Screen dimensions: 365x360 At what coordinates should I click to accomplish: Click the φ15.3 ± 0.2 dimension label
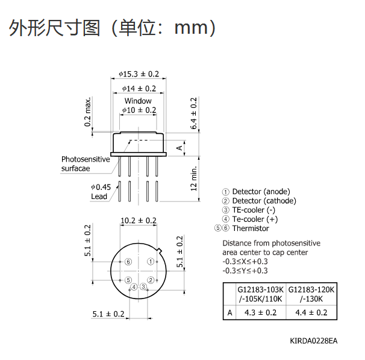[139, 74]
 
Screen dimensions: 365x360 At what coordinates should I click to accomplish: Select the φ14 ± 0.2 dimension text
[139, 89]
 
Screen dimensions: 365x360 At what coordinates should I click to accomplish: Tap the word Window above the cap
[138, 101]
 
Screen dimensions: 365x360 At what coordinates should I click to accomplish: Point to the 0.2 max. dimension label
[87, 112]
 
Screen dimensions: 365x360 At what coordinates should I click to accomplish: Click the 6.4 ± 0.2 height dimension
[193, 113]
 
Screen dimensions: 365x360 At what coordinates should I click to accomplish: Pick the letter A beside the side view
[179, 148]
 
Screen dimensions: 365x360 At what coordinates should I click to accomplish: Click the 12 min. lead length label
[194, 178]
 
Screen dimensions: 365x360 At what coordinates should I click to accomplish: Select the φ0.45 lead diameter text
[101, 187]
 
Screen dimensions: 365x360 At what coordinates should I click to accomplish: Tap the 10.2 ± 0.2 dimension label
[139, 221]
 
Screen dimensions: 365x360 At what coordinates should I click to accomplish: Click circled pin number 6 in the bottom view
[128, 262]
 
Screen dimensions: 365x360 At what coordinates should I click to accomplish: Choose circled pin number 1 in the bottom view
[151, 262]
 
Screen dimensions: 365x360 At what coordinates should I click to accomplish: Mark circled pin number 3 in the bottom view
[143, 286]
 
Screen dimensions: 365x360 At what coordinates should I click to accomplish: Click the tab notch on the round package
[160, 250]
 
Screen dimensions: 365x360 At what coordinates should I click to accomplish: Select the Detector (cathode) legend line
[259, 201]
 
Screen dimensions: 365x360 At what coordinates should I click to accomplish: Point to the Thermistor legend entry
[242, 228]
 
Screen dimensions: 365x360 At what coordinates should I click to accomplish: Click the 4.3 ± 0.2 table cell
[260, 312]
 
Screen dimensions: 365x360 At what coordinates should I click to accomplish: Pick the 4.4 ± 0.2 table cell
[311, 312]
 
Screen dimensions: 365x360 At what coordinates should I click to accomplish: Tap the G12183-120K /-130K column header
[311, 294]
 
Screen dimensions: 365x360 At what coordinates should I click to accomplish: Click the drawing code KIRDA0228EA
[314, 341]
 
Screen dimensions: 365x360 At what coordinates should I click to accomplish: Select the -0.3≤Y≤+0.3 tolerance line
[245, 271]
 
